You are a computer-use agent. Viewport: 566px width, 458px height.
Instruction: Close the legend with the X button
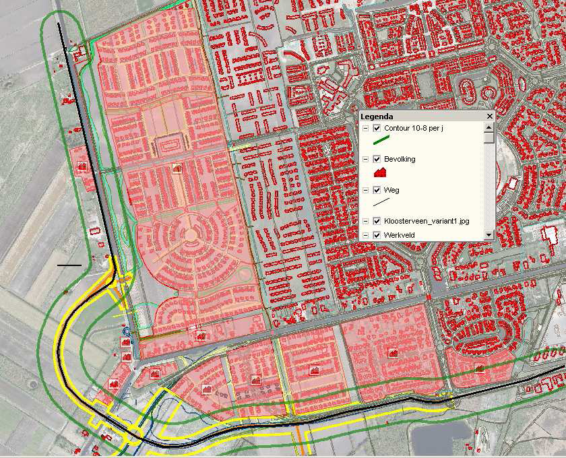coord(490,117)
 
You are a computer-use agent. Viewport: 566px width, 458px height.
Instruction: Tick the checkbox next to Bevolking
coord(377,160)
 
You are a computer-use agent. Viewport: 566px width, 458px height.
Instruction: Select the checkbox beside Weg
coord(377,190)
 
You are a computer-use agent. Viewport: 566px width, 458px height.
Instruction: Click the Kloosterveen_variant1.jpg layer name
coord(427,221)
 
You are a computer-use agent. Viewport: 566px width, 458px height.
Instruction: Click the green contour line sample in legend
coord(382,141)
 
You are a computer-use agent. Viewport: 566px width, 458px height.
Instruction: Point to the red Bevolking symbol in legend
coord(380,173)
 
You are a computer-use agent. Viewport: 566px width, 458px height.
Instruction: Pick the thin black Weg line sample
coord(382,201)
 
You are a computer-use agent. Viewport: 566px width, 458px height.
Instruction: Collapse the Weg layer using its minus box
coord(365,190)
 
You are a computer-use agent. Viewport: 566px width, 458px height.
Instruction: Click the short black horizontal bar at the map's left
coord(69,265)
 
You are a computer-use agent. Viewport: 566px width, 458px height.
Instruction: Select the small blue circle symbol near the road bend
coord(126,331)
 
